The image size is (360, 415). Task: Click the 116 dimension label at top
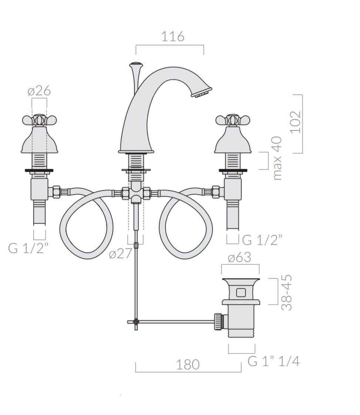(173, 37)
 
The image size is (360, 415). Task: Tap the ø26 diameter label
(39, 91)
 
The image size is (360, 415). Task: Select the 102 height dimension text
(296, 122)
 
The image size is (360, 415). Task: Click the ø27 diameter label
(121, 254)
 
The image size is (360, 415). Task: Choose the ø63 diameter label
(239, 257)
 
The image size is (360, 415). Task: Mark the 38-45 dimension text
(286, 292)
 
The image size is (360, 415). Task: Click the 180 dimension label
(188, 364)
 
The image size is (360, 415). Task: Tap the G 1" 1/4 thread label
(273, 361)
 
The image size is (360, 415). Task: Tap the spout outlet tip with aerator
(202, 92)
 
